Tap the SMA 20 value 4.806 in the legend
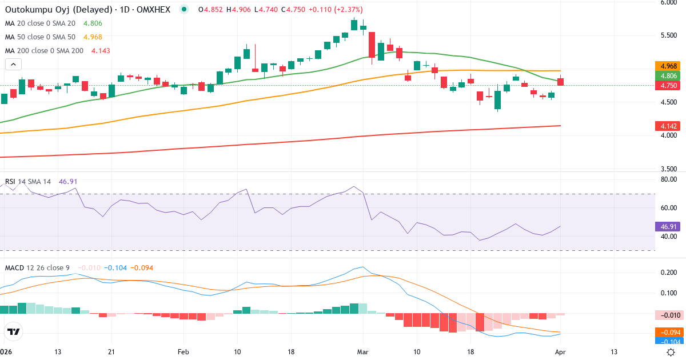[x=93, y=23]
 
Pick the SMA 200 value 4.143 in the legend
[x=100, y=51]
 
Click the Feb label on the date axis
[x=183, y=351]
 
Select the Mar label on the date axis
[x=363, y=351]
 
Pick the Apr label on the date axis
[x=560, y=351]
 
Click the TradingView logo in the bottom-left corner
[x=14, y=331]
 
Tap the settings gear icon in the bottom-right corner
[x=671, y=351]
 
